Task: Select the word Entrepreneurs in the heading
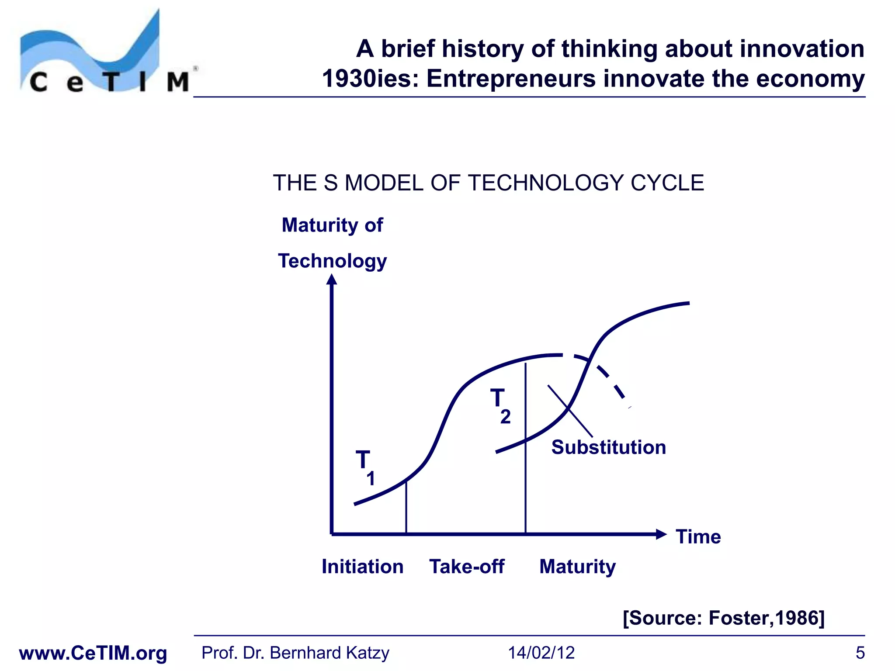[511, 79]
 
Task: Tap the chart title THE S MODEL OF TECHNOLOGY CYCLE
[488, 183]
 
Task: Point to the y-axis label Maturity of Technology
[333, 243]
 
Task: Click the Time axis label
[698, 536]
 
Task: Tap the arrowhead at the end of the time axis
[661, 534]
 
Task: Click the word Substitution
[608, 447]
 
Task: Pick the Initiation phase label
[362, 567]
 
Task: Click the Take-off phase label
[467, 567]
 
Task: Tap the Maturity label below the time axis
[577, 567]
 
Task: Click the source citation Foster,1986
[723, 618]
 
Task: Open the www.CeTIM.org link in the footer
[93, 653]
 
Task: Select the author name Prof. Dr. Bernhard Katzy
[295, 653]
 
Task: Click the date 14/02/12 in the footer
[541, 653]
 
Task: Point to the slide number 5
[860, 653]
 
